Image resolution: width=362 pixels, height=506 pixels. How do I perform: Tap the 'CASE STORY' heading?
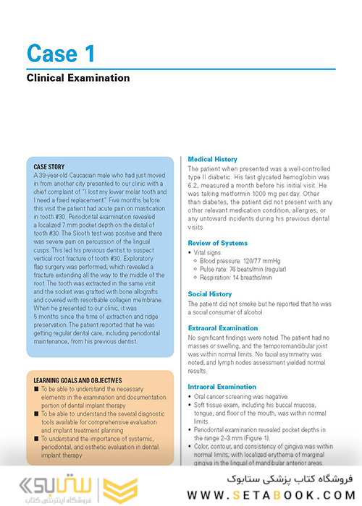(49, 167)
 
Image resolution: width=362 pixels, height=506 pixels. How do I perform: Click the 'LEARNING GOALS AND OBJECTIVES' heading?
(77, 380)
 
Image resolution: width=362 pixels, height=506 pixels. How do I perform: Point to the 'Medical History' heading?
(212, 159)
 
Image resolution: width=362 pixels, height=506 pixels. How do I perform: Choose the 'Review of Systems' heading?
(217, 243)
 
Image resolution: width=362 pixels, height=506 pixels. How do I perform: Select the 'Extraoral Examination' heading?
(223, 328)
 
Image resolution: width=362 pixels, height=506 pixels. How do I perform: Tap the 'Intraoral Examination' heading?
(222, 387)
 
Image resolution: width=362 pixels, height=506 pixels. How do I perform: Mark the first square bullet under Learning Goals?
(37, 389)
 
